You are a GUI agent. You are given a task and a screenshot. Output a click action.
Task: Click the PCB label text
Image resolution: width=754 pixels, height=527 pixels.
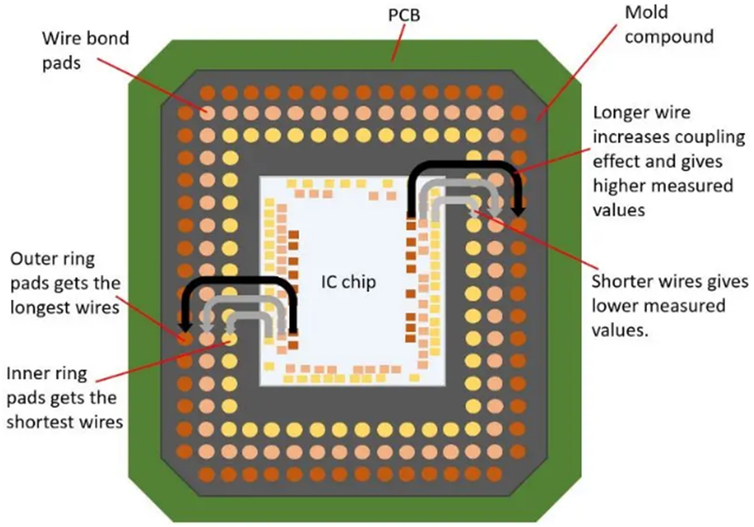404,15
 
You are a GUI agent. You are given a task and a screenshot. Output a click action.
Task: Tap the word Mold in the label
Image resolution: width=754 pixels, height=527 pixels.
646,13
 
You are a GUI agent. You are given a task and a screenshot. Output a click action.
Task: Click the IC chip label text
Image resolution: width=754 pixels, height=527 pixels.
349,282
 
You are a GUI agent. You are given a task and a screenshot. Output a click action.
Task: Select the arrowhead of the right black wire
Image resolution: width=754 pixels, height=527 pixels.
519,211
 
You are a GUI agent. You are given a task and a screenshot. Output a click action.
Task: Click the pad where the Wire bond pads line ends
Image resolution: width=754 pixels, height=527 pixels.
207,113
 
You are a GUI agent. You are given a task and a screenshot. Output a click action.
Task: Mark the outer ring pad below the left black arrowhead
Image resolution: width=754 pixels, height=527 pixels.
185,338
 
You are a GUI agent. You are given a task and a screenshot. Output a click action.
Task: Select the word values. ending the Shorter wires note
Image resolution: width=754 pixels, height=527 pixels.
620,331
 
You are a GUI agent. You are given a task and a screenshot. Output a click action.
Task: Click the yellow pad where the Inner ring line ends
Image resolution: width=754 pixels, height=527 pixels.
230,339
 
